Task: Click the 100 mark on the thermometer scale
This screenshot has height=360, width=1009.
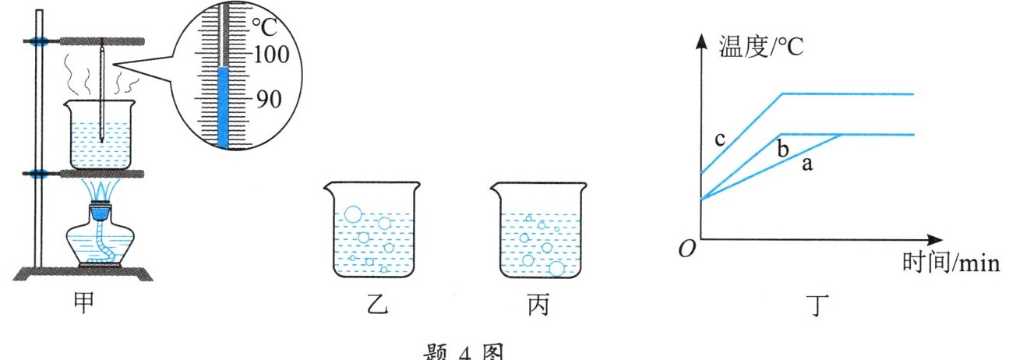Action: pyautogui.click(x=272, y=55)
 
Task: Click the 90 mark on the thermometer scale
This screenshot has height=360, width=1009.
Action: pyautogui.click(x=270, y=99)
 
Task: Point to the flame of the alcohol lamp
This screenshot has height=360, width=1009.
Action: pyautogui.click(x=103, y=189)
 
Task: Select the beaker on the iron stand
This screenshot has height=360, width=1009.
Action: pyautogui.click(x=101, y=136)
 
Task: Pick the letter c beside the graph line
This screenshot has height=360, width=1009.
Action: pyautogui.click(x=720, y=139)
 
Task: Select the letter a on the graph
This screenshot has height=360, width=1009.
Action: pyautogui.click(x=808, y=165)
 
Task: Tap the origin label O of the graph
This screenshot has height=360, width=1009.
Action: pyautogui.click(x=686, y=250)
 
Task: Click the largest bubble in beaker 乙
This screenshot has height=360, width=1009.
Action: pyautogui.click(x=353, y=214)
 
